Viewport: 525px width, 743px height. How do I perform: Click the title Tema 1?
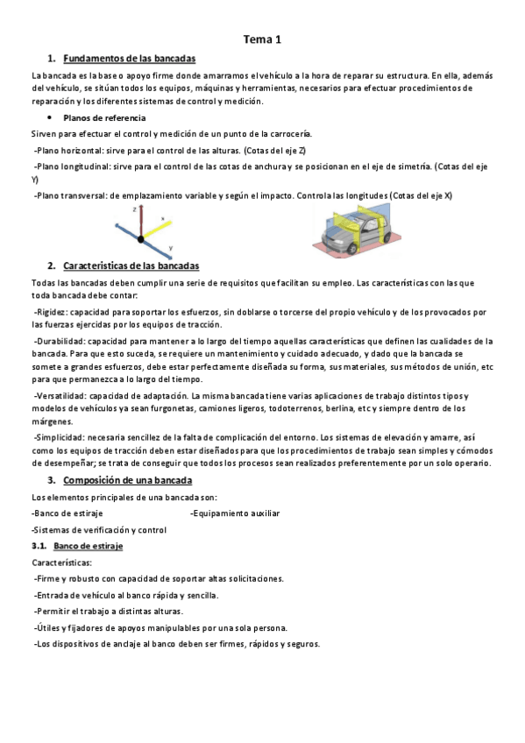click(x=262, y=39)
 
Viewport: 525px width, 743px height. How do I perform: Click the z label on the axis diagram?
click(x=133, y=210)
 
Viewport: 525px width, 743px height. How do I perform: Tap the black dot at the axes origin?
click(x=138, y=236)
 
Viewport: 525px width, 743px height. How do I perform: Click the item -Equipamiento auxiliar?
click(x=235, y=513)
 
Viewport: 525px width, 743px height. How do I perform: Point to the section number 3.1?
click(x=39, y=546)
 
